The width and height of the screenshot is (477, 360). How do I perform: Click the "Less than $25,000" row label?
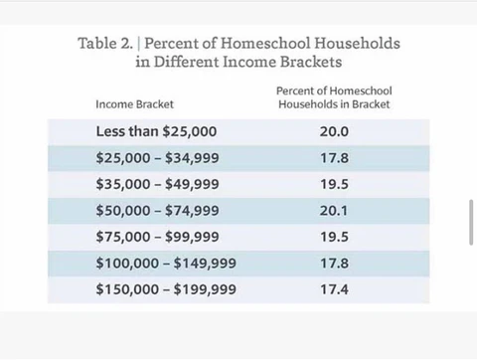pos(156,131)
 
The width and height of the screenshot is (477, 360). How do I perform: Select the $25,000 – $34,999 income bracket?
pos(158,157)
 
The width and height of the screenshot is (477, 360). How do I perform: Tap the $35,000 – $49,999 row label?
pos(158,184)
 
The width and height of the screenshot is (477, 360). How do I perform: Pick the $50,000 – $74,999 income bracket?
pos(158,210)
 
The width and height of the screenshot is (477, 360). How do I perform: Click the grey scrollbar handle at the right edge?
pos(471,223)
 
